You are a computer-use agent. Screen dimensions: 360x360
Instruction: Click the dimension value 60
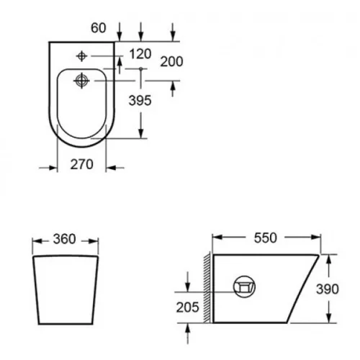[x=98, y=28]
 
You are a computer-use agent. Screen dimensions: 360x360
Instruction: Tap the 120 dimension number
[x=140, y=54]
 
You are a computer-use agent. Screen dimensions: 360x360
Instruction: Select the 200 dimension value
[x=171, y=61]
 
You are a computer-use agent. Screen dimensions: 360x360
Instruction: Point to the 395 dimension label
[x=140, y=100]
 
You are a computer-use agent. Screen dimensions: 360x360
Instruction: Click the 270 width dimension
[x=81, y=164]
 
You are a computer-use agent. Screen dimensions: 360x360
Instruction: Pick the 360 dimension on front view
[x=64, y=239]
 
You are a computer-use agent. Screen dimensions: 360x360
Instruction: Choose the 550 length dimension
[x=266, y=238]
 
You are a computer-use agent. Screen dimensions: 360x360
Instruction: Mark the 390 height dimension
[x=328, y=289]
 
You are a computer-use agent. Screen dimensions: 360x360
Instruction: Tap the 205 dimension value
[x=187, y=307]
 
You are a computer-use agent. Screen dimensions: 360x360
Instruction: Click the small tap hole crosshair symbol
[x=81, y=56]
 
